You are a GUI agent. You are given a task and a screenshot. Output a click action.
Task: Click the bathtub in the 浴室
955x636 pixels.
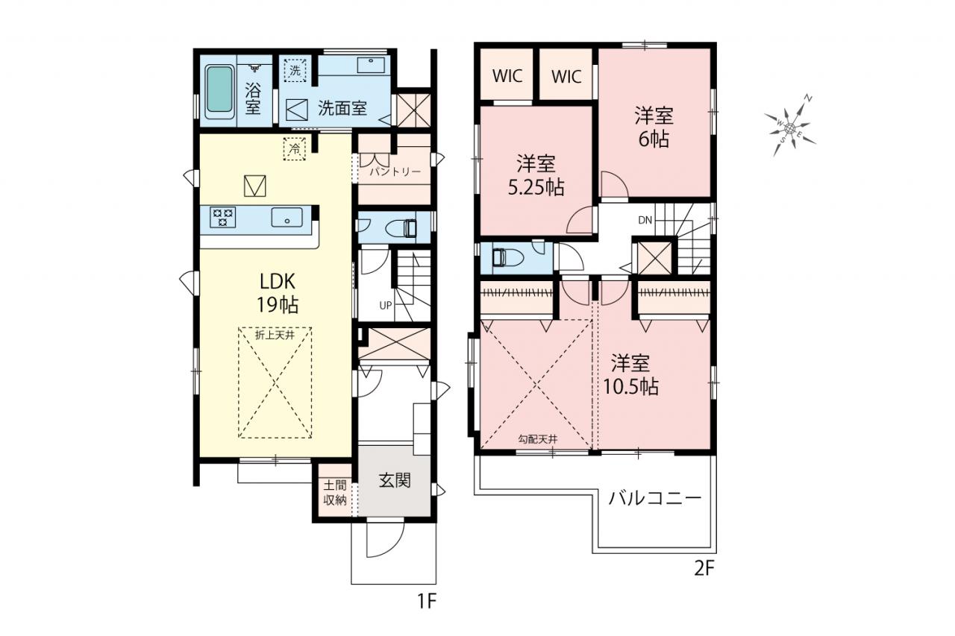pyautogui.click(x=219, y=92)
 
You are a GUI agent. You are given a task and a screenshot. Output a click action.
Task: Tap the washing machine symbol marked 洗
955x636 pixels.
pyautogui.click(x=295, y=70)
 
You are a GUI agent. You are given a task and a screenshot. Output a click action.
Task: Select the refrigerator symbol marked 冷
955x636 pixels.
pyautogui.click(x=295, y=148)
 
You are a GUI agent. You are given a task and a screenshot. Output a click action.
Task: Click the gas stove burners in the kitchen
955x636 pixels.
pyautogui.click(x=222, y=217)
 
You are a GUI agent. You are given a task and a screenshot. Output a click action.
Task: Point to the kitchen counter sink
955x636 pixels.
pyautogui.click(x=287, y=217)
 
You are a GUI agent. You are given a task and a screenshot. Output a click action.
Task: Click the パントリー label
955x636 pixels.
pyautogui.click(x=395, y=171)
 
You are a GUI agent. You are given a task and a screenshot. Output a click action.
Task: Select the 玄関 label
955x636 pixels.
pyautogui.click(x=395, y=480)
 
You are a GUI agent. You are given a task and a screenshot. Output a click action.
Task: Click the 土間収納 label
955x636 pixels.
pyautogui.click(x=335, y=493)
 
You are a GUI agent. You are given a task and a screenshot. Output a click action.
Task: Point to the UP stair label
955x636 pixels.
pyautogui.click(x=386, y=306)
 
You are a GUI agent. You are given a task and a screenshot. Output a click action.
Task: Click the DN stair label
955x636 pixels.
pyautogui.click(x=645, y=220)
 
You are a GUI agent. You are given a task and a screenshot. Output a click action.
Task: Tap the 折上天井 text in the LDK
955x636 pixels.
pyautogui.click(x=275, y=335)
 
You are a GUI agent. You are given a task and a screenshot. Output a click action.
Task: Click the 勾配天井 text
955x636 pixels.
pyautogui.click(x=538, y=439)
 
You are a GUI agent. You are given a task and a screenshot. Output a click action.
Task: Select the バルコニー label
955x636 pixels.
pyautogui.click(x=654, y=497)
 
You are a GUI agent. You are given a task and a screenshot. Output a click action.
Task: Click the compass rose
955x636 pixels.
pyautogui.click(x=790, y=126)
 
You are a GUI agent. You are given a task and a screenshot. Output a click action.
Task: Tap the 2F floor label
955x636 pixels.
pyautogui.click(x=704, y=568)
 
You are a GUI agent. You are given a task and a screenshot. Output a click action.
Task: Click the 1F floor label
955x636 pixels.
pyautogui.click(x=426, y=602)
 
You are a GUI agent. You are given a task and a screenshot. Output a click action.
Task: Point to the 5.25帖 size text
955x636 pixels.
pyautogui.click(x=536, y=187)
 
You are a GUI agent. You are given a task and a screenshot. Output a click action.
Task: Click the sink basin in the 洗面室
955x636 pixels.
pyautogui.click(x=371, y=65)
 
